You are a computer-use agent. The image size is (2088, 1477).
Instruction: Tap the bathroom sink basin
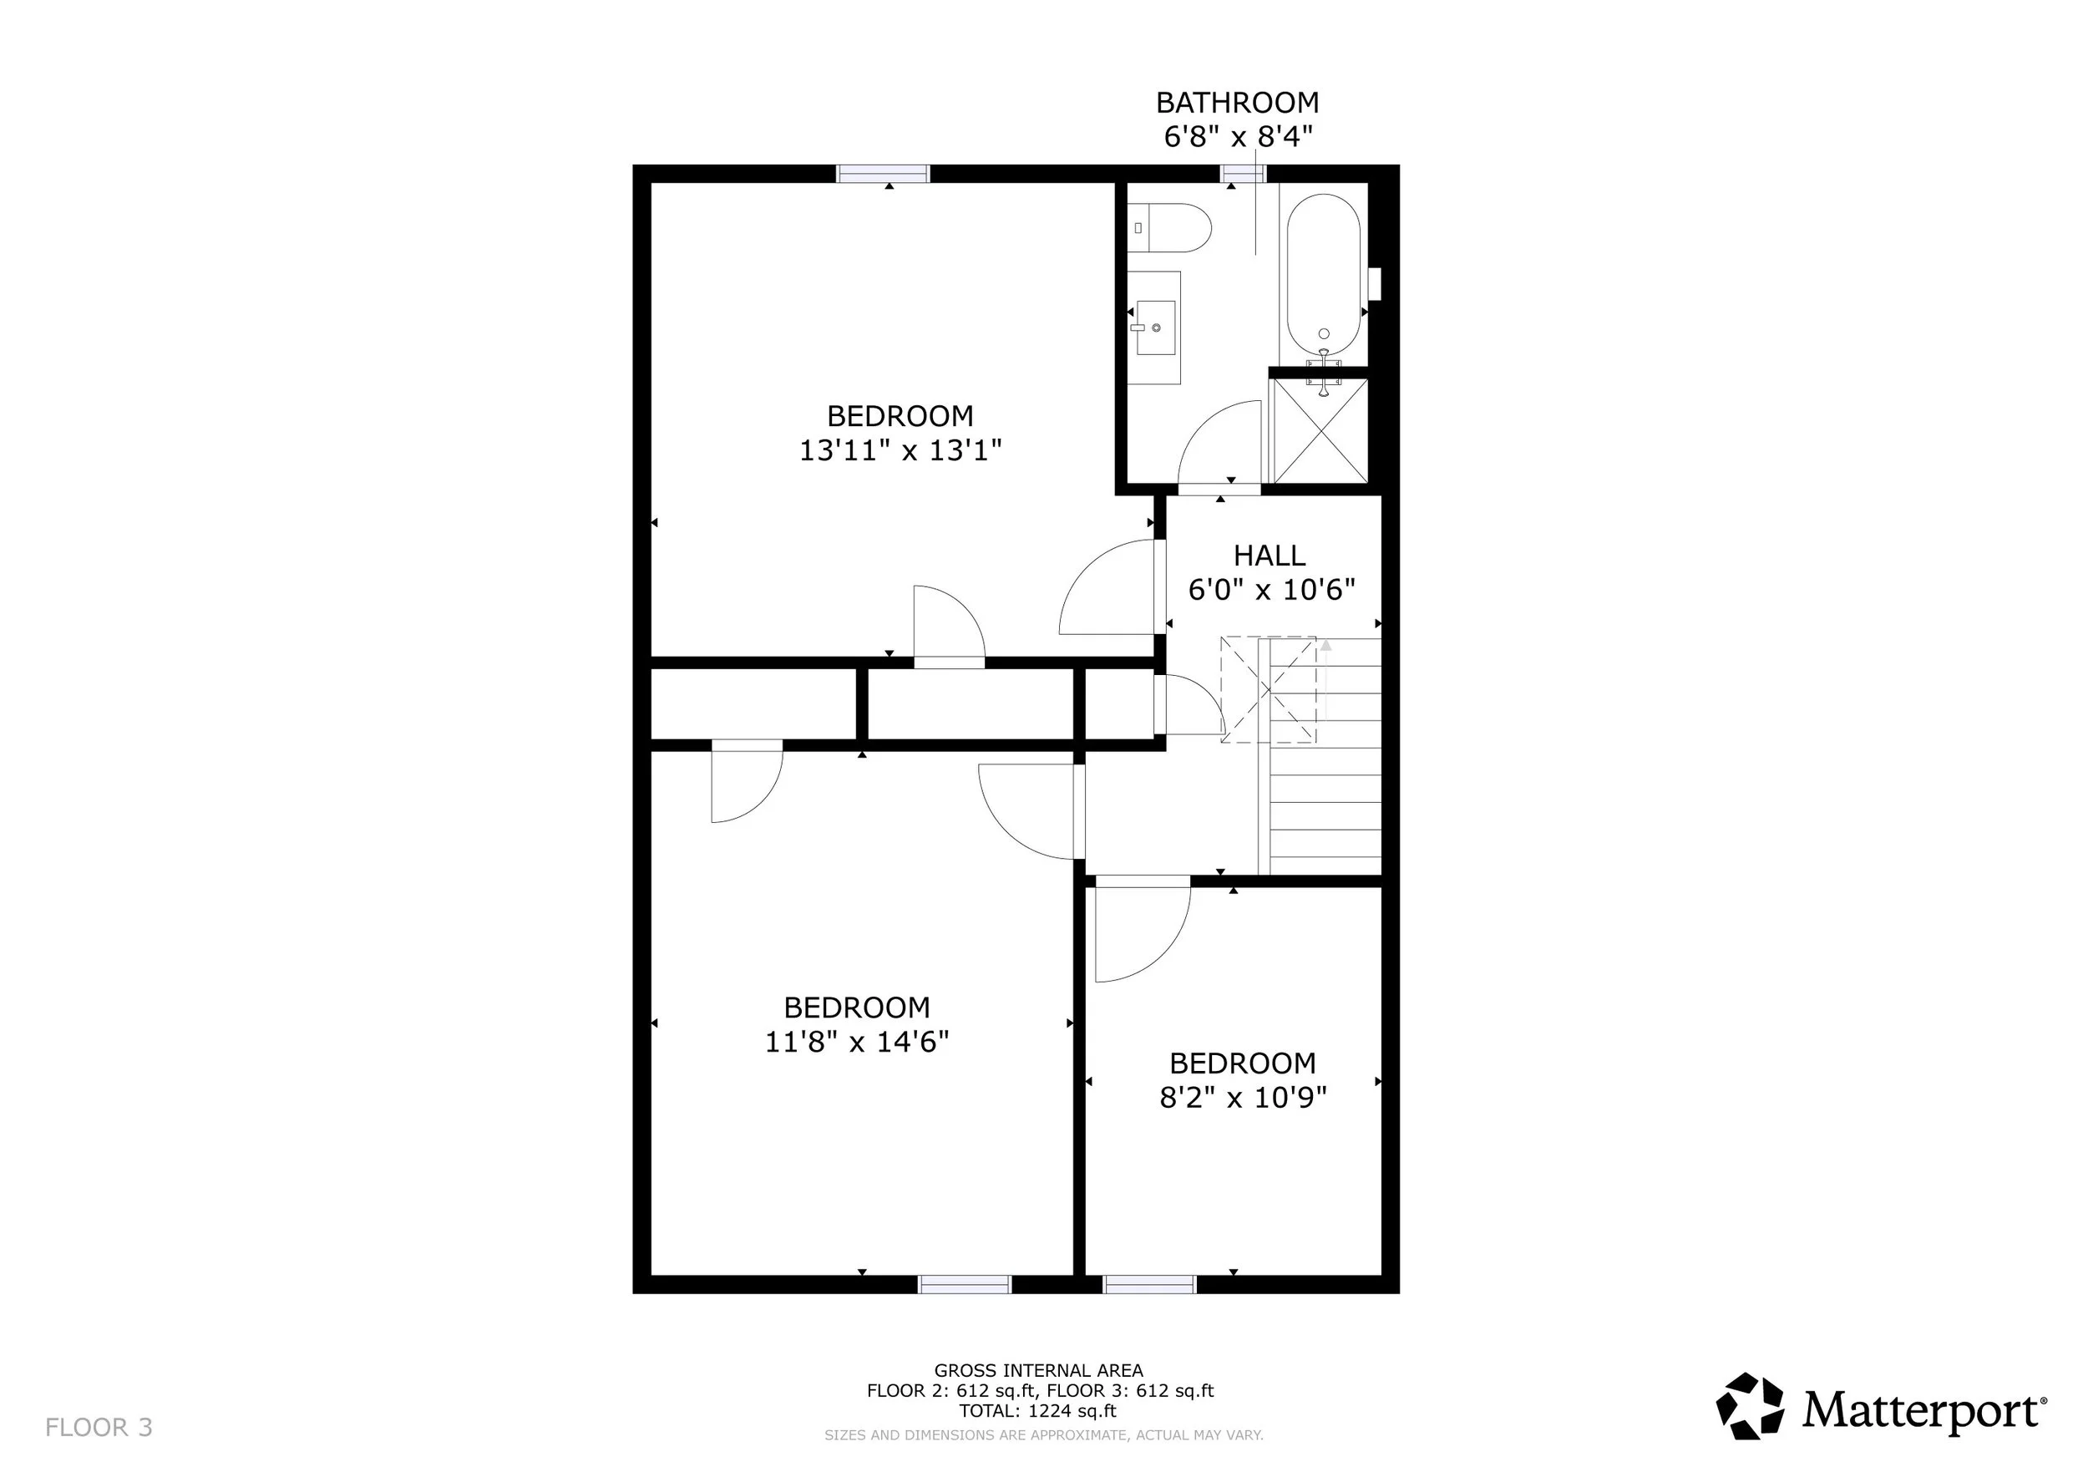1155,328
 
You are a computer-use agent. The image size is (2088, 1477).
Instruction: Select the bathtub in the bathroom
1323,277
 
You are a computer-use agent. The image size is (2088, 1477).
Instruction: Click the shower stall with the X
1319,430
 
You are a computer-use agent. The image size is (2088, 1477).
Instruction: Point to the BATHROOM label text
1237,103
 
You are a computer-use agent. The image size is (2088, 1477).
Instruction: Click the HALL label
1270,556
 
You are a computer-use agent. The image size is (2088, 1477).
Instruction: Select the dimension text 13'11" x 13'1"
900,450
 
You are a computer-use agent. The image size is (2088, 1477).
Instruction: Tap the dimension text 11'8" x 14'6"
857,1042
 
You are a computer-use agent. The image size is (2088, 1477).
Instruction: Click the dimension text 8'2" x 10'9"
1243,1098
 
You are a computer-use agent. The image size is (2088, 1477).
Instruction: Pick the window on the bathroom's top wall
1243,174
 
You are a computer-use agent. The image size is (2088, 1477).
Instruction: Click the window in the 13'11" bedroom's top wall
883,174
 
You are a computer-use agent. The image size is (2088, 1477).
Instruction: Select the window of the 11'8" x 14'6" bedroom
965,1284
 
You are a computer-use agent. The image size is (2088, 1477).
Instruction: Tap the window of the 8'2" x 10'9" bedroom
1149,1284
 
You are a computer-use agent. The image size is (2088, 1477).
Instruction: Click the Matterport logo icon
1750,1407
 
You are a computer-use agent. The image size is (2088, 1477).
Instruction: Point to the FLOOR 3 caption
99,1428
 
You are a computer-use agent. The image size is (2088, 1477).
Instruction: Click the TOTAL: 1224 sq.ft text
1037,1412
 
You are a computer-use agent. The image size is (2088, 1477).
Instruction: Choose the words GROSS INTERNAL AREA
1038,1371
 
